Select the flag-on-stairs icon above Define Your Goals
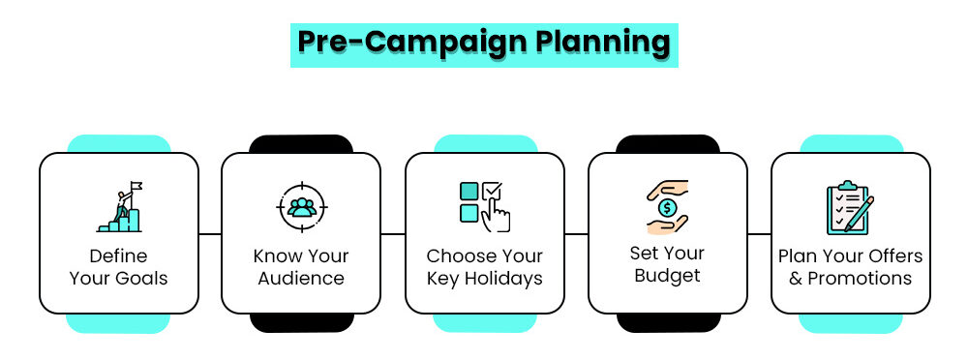[118, 207]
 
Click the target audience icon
[301, 207]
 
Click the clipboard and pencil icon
[849, 206]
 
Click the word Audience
[301, 279]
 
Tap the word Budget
[667, 275]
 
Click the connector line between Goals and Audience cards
[210, 234]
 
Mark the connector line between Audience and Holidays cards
[393, 234]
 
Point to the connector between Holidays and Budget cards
[576, 234]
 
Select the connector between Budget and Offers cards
[759, 234]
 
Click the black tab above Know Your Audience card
[301, 144]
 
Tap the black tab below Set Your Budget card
[667, 322]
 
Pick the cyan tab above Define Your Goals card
[118, 144]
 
